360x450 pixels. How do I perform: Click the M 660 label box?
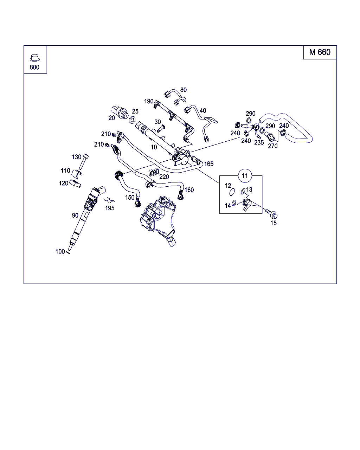coord(320,52)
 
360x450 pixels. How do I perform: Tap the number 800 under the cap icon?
coord(34,67)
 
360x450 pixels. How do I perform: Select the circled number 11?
coord(245,175)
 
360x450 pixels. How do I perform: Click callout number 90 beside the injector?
coord(75,215)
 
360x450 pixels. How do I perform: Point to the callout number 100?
coord(60,251)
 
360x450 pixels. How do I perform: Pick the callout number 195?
coord(110,208)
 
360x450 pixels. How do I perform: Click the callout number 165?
coord(209,164)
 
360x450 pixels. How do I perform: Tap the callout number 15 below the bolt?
coord(274,223)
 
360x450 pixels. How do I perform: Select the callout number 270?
coord(273,146)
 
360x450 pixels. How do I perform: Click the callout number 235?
coord(259,143)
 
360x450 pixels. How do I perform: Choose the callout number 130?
coord(77,157)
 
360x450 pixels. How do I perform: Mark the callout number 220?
coord(164,177)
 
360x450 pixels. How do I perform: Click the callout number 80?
coord(184,90)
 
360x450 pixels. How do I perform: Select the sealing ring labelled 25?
coord(133,120)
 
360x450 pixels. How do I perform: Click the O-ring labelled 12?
coord(231,192)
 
